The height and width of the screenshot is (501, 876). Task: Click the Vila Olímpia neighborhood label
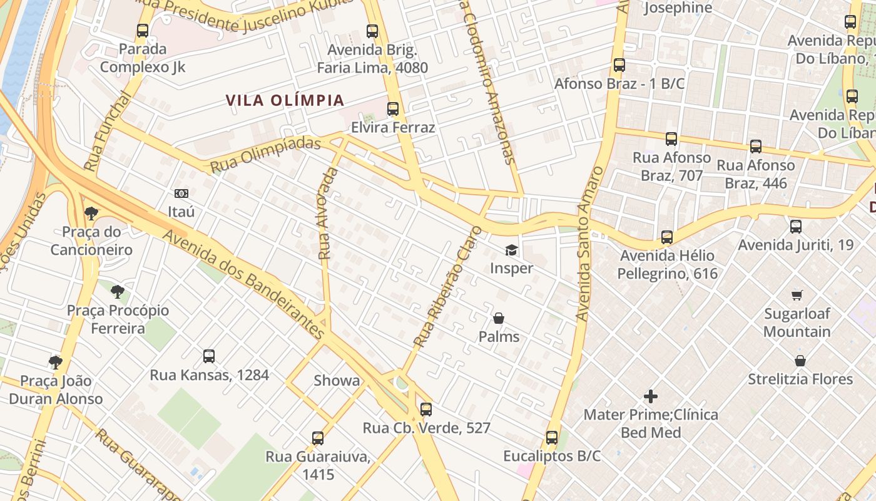point(285,100)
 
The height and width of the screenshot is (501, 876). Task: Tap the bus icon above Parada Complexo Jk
point(143,30)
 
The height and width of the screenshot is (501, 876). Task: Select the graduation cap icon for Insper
point(512,250)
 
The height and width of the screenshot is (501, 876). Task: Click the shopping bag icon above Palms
point(499,319)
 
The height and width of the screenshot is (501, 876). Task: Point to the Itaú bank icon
point(181,194)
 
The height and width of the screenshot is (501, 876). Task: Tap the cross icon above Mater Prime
point(651,396)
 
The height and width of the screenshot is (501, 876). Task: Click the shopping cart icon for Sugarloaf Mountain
point(797,295)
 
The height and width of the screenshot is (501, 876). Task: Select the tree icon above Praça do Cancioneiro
point(91,214)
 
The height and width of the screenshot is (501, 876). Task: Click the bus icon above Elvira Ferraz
point(393,109)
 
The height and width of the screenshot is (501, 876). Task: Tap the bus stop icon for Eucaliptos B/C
point(552,438)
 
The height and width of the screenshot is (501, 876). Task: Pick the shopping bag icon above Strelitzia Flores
point(800,361)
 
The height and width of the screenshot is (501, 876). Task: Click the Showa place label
point(337,381)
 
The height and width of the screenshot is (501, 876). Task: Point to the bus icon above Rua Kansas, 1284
point(209,356)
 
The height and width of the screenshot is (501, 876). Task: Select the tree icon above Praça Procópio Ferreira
point(118,291)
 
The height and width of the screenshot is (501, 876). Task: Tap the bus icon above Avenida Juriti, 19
point(796,226)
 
